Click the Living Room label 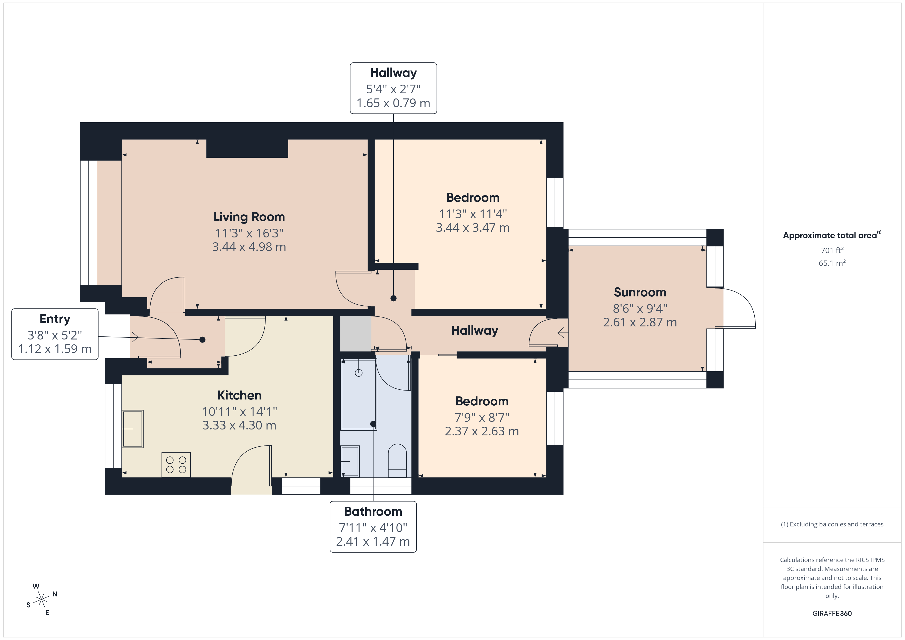coord(249,217)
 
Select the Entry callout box coord(55,334)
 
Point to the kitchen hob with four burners coord(176,465)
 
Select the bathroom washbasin coord(350,461)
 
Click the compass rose coord(41,600)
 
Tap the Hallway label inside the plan coord(474,330)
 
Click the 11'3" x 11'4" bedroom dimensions coord(473,214)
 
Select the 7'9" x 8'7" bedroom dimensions coord(482,417)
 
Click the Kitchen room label coord(239,395)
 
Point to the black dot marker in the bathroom coord(373,424)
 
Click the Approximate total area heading coord(830,235)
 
